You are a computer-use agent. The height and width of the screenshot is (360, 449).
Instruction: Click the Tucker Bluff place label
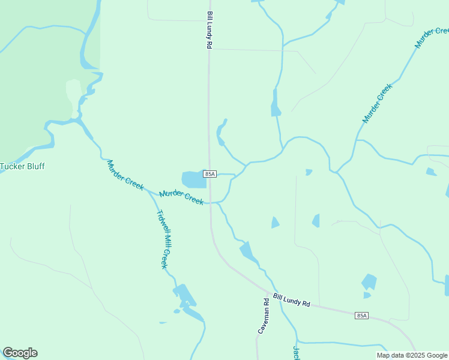(23, 166)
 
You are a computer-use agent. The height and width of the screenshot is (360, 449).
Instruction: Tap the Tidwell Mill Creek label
(161, 239)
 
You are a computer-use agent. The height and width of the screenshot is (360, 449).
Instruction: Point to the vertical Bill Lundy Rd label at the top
(209, 29)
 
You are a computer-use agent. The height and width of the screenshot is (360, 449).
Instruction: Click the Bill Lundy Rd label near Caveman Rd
(291, 299)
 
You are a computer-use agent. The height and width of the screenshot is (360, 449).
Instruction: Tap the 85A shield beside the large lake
(209, 173)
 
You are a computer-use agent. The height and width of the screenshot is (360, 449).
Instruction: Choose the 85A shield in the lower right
(361, 315)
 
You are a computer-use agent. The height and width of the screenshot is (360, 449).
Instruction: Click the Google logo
(20, 353)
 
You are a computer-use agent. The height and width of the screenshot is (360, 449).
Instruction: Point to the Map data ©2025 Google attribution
(412, 355)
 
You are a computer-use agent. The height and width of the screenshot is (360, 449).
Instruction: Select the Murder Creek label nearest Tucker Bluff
(125, 175)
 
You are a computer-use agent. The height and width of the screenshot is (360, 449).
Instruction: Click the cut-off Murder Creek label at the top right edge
(432, 37)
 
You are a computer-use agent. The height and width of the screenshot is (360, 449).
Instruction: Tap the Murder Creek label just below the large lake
(181, 196)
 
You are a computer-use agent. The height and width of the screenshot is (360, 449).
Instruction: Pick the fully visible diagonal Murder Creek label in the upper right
(377, 103)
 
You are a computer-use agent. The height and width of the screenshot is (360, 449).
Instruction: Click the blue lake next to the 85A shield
(193, 179)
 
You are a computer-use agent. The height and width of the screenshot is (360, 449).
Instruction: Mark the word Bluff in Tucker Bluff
(35, 166)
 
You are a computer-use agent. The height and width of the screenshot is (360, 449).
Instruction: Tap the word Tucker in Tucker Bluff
(11, 166)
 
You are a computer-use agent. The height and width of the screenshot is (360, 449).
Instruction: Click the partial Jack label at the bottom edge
(296, 353)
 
